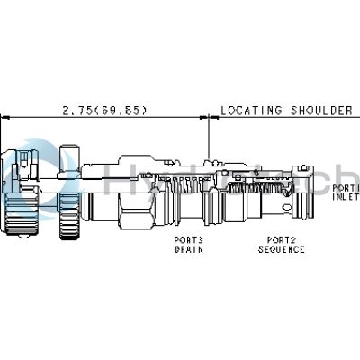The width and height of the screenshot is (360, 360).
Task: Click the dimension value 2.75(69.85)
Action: click(x=104, y=111)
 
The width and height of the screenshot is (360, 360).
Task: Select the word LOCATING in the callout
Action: click(x=252, y=111)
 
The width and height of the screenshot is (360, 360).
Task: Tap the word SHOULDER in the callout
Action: click(x=320, y=111)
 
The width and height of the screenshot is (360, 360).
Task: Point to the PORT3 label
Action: click(x=189, y=239)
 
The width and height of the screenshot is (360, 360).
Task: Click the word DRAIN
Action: click(x=189, y=249)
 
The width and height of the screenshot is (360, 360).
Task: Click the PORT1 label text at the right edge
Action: click(x=346, y=189)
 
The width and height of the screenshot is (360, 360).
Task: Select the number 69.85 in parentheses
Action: click(x=126, y=111)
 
